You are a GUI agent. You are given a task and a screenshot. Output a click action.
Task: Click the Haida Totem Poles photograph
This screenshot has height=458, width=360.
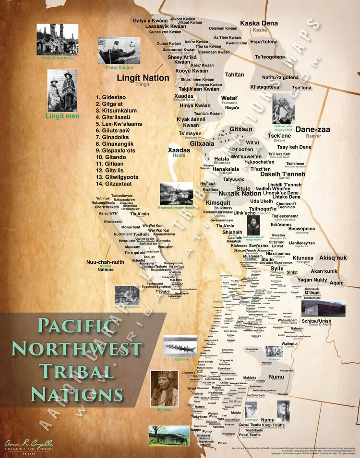point(57,39)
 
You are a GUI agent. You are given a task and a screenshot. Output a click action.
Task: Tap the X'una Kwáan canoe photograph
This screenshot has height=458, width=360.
point(116,50)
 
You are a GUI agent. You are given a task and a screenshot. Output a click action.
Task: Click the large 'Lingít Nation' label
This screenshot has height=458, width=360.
point(143,78)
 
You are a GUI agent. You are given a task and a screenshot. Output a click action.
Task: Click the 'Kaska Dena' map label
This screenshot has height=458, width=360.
point(259,23)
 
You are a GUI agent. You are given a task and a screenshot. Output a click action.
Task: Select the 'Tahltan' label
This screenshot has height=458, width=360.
point(235,75)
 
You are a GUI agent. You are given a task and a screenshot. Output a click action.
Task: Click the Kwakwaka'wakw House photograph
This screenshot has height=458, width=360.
point(176,193)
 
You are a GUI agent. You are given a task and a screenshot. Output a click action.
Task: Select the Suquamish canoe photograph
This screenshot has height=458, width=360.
point(180,345)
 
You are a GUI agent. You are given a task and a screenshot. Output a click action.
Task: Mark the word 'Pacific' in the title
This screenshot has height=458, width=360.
point(77,326)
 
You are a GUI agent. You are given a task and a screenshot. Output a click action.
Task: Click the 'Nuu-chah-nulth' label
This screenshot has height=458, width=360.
point(105,262)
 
